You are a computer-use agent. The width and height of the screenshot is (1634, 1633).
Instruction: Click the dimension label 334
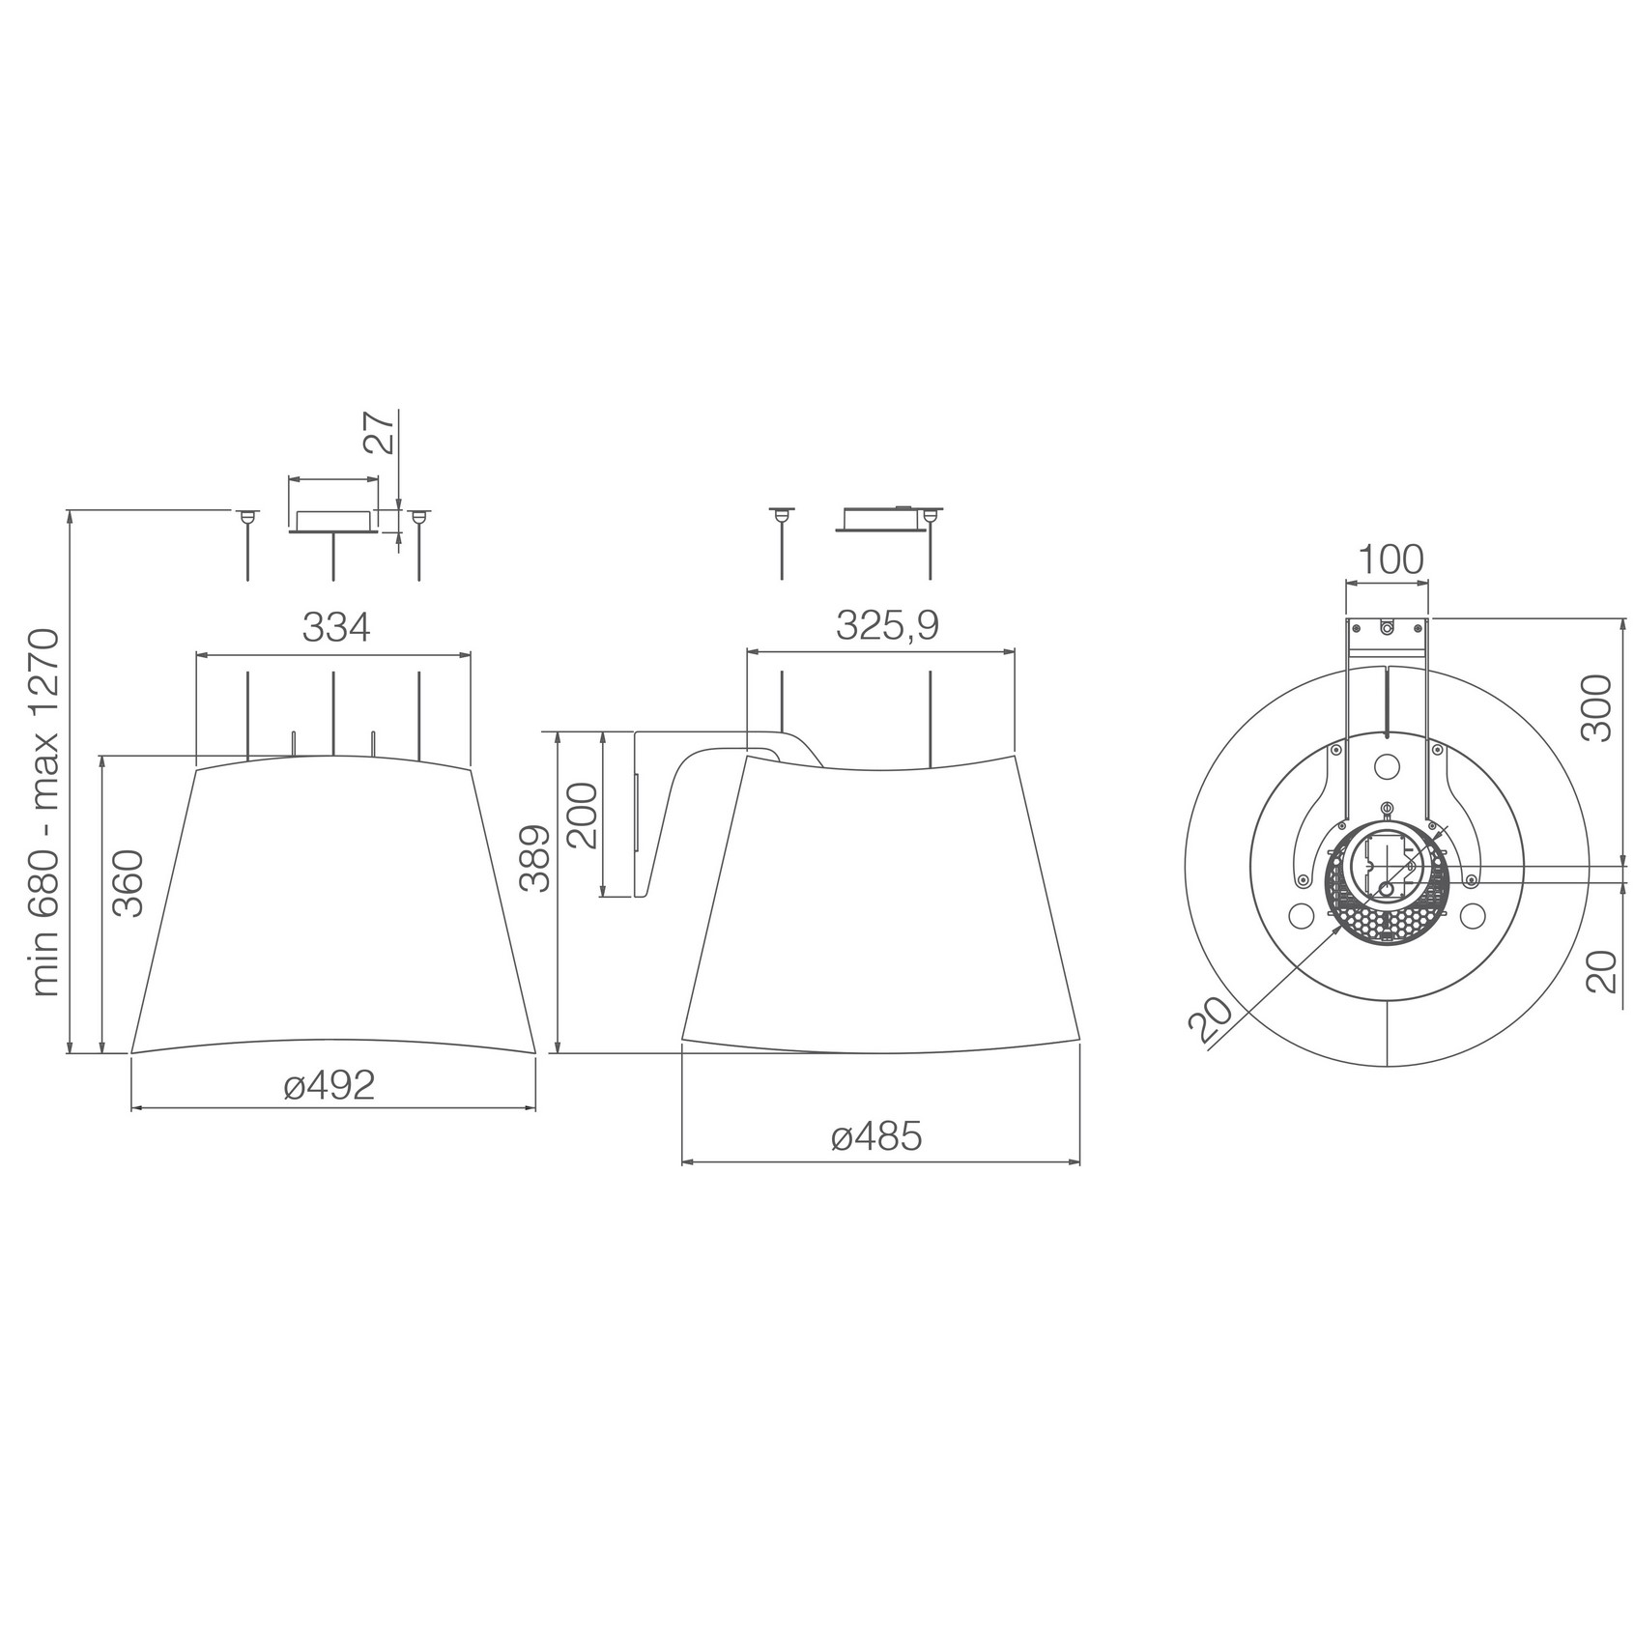tap(335, 628)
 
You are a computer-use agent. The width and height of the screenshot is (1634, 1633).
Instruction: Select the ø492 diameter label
tap(330, 1087)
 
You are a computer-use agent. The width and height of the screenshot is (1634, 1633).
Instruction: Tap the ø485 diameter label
tap(876, 1138)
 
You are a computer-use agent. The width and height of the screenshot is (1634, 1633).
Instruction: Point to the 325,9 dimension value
tap(887, 626)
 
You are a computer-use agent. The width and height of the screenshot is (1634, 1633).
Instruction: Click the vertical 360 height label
tap(128, 883)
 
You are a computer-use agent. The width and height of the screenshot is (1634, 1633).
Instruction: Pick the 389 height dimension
tap(534, 859)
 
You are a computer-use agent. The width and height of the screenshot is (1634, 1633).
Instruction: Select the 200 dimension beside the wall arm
tap(583, 816)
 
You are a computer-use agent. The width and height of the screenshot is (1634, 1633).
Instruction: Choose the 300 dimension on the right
tap(1599, 708)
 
